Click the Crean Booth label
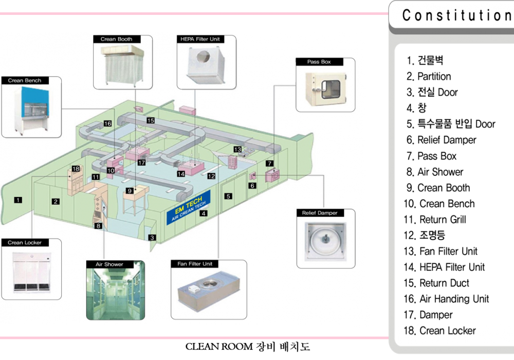coord(117,39)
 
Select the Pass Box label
coord(319,62)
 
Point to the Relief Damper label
coord(320,213)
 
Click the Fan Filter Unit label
coord(197,264)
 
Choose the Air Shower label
coord(109,264)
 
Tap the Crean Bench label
coord(25,81)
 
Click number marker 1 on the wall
coord(19,200)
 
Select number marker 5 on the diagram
coord(228,196)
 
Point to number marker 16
coord(107,123)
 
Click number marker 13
coord(237,149)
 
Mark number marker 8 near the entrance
coord(99,225)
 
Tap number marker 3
coord(152,238)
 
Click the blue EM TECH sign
coord(189,208)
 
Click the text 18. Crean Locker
coord(439,331)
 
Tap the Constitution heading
coord(457,15)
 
